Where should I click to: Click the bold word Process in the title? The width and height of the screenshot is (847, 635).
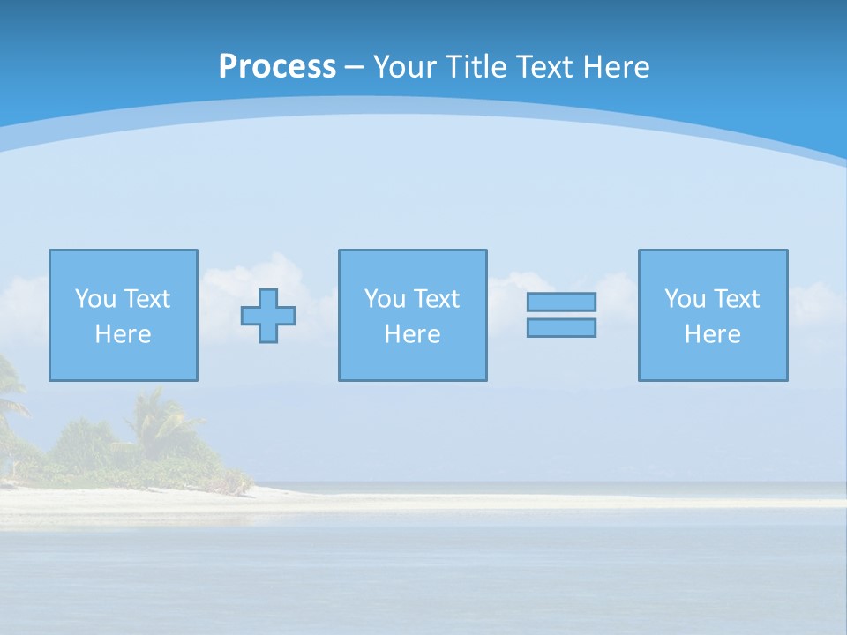277,67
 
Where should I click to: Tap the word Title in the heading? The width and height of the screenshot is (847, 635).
477,67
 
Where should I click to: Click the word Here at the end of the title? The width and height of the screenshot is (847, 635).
616,67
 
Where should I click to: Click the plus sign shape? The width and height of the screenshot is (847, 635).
268,316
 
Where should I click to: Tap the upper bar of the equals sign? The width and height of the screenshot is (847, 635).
561,303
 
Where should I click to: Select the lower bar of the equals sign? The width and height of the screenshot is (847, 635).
561,327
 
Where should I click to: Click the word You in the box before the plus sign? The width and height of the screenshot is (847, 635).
95,299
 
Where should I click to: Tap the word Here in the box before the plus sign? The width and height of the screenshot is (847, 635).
123,334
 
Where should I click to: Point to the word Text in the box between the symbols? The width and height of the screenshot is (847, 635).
436,299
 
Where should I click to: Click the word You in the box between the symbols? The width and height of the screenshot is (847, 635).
385,299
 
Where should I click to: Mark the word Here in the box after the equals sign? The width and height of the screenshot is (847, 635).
712,334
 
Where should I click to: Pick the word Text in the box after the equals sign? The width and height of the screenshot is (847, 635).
736,299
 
